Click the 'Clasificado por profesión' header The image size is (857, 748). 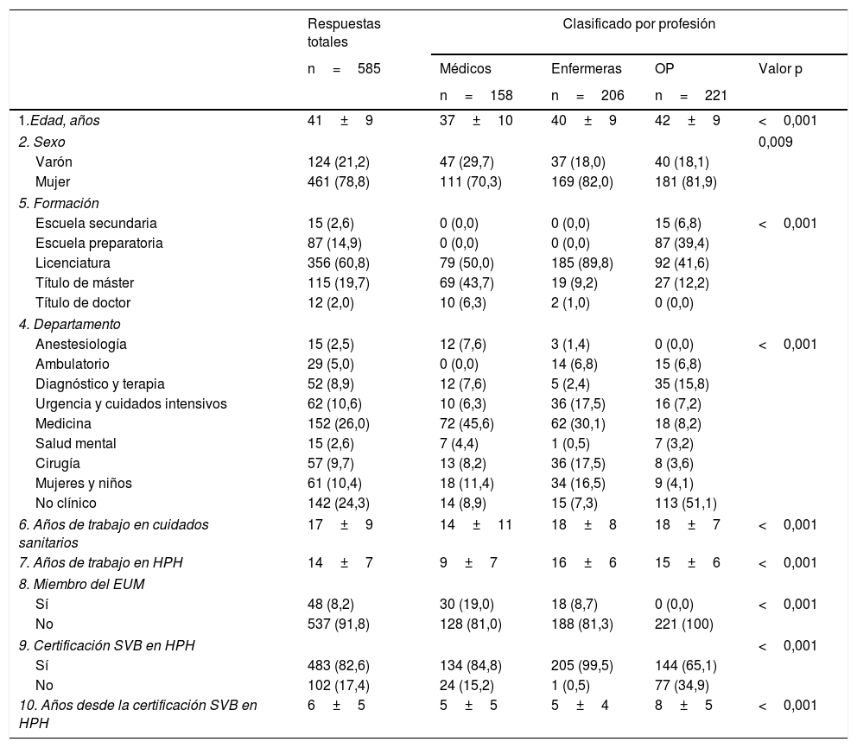tap(638, 24)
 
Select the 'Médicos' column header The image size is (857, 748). tap(467, 69)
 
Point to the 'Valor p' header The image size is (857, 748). tap(780, 69)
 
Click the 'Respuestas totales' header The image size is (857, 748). tap(344, 33)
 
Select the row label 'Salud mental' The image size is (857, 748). tap(75, 444)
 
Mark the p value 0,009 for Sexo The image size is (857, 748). tap(775, 142)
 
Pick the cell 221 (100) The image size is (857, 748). tap(685, 623)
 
